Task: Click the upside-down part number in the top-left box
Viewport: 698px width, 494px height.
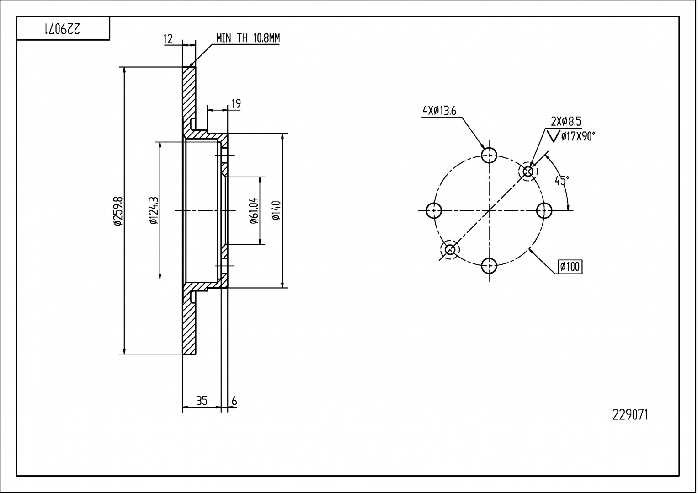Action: [x=63, y=29]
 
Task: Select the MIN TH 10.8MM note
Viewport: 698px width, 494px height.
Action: [x=248, y=38]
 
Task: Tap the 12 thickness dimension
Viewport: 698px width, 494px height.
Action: [x=168, y=39]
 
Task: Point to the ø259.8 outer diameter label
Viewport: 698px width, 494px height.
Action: [x=117, y=211]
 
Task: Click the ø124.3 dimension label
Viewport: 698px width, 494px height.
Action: [x=153, y=211]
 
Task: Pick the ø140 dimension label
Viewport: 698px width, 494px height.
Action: [x=276, y=211]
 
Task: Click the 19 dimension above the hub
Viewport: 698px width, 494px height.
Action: [x=236, y=104]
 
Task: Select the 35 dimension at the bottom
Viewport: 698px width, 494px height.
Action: [x=202, y=401]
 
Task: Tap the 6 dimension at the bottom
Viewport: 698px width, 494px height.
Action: [x=234, y=401]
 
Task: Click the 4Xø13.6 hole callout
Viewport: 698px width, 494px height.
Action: [x=439, y=111]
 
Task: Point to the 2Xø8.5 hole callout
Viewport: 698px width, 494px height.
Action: [x=566, y=121]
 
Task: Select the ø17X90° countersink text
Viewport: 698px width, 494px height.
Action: [x=578, y=136]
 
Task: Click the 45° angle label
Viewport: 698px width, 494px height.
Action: [x=562, y=180]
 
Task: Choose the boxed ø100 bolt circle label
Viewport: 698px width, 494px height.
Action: [x=570, y=266]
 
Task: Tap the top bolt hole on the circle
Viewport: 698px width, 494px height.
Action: [x=489, y=156]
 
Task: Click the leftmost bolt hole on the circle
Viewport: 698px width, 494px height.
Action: [x=434, y=210]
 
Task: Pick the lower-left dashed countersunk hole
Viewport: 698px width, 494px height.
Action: [x=450, y=250]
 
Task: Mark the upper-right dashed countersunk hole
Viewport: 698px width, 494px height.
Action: [x=528, y=172]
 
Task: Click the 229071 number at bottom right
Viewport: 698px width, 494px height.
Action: [x=630, y=415]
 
